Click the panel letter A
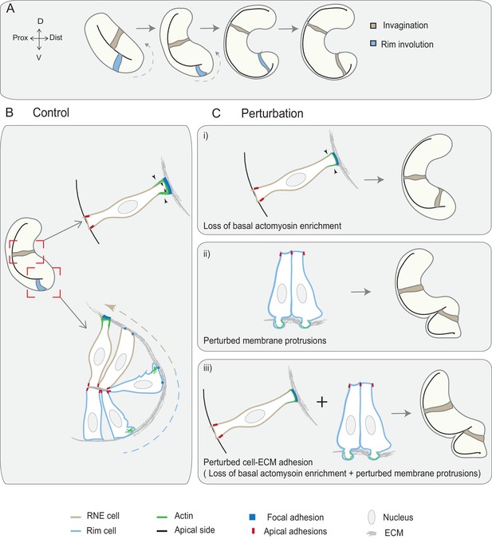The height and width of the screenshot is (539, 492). click(10, 9)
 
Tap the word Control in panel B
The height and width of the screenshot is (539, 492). click(51, 112)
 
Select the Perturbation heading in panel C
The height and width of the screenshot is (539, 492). click(272, 113)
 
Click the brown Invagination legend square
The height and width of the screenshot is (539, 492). click(373, 26)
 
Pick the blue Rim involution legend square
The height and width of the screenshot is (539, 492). click(373, 44)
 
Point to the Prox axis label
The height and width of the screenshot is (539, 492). click(20, 37)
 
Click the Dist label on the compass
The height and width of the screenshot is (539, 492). click(56, 37)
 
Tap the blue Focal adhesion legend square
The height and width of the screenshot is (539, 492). click(252, 517)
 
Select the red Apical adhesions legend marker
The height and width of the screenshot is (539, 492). click(253, 531)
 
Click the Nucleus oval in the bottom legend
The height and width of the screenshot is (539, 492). click(372, 517)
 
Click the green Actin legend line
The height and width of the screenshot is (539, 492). click(162, 517)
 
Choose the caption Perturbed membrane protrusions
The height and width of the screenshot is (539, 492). click(265, 340)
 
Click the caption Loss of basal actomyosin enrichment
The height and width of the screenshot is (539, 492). click(272, 226)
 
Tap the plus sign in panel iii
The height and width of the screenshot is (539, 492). click(321, 402)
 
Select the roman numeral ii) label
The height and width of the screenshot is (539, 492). click(207, 254)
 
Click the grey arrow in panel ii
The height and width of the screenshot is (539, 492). click(361, 292)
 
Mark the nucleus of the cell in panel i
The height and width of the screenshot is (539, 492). click(296, 179)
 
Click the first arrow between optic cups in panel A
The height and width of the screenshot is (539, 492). click(146, 28)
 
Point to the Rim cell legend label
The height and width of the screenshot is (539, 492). click(101, 531)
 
